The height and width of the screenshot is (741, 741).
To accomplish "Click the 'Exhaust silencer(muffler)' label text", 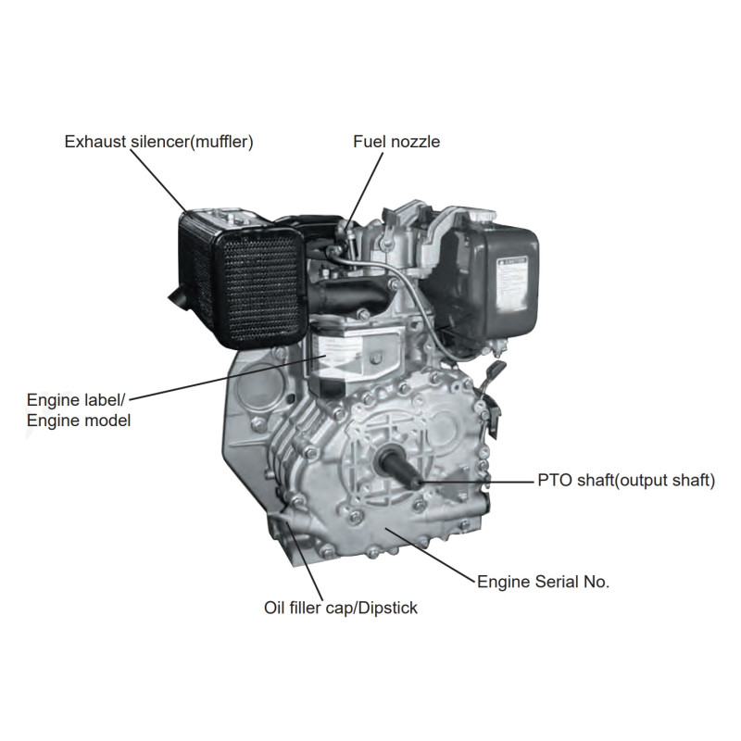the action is tap(158, 142).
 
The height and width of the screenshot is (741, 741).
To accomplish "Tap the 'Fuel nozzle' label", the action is tap(396, 142).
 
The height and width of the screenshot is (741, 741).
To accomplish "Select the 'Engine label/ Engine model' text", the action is tap(79, 410).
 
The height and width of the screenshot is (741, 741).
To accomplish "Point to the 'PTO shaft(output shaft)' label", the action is tap(626, 481).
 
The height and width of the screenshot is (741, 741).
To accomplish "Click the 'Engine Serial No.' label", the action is tap(544, 582).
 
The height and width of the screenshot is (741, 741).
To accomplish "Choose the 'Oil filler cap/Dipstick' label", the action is tap(341, 608).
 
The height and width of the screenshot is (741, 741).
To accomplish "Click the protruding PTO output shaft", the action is tap(398, 467).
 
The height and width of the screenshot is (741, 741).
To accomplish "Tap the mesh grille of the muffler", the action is tap(259, 289).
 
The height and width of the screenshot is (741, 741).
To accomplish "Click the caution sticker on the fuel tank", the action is tap(512, 283).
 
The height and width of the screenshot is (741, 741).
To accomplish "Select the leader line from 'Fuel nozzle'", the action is tap(365, 191).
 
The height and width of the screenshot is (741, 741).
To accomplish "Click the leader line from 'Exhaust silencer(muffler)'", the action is tap(158, 182).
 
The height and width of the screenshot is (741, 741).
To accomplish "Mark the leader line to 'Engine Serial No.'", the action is tap(431, 555).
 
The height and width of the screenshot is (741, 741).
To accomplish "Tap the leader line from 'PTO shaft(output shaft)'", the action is tap(476, 482).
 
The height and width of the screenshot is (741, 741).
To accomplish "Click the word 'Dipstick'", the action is tap(388, 608).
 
